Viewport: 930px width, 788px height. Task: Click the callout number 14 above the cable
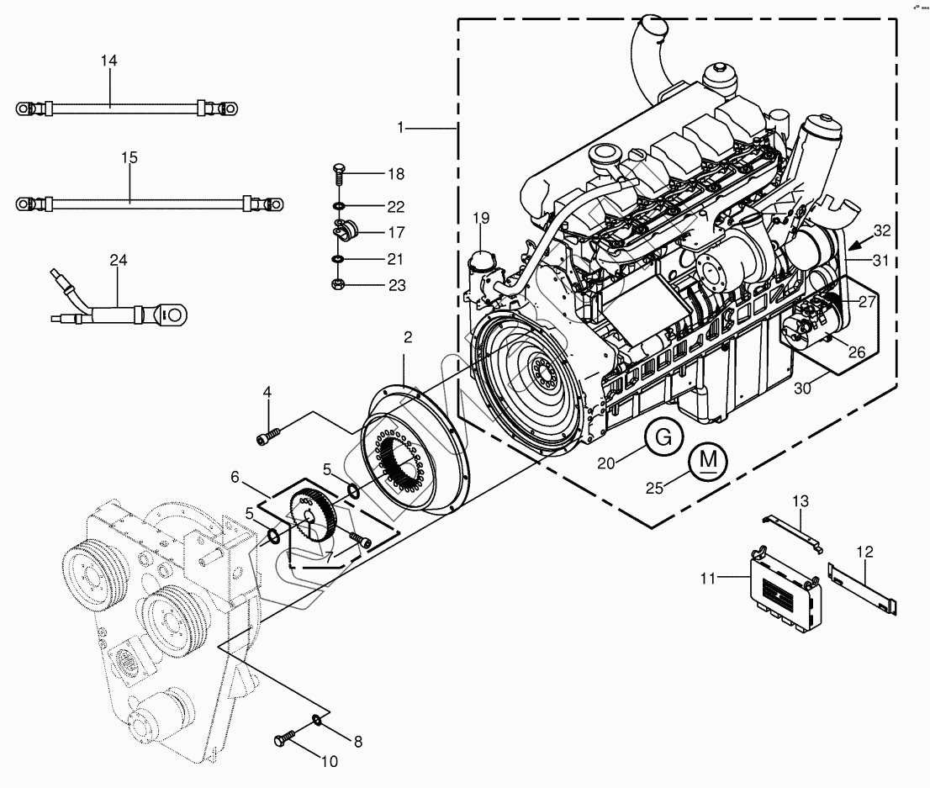point(108,61)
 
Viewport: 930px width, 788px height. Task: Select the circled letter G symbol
point(663,437)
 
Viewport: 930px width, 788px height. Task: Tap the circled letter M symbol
point(709,460)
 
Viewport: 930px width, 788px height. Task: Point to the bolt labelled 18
point(338,174)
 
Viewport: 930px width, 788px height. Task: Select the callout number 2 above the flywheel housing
point(408,337)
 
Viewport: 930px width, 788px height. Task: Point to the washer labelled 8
point(317,718)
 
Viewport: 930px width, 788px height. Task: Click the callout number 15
point(128,157)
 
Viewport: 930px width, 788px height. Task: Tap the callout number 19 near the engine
point(480,219)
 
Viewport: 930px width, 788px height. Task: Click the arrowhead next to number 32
point(852,246)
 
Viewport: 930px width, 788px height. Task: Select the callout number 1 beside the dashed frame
point(402,128)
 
